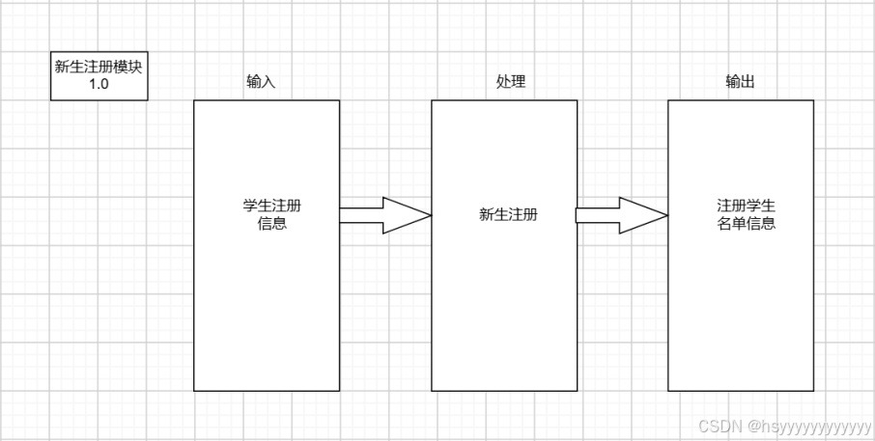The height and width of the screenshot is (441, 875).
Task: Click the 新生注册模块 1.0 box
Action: click(x=99, y=76)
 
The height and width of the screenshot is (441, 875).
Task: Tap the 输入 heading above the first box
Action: click(x=261, y=82)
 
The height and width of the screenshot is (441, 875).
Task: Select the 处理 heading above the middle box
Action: click(x=511, y=82)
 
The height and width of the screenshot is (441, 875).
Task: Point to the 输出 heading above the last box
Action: click(x=740, y=82)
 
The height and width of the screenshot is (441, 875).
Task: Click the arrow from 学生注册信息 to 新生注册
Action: click(x=384, y=215)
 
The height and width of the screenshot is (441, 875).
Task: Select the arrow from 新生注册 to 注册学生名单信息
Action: click(x=621, y=215)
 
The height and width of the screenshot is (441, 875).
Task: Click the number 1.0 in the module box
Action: click(x=99, y=85)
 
